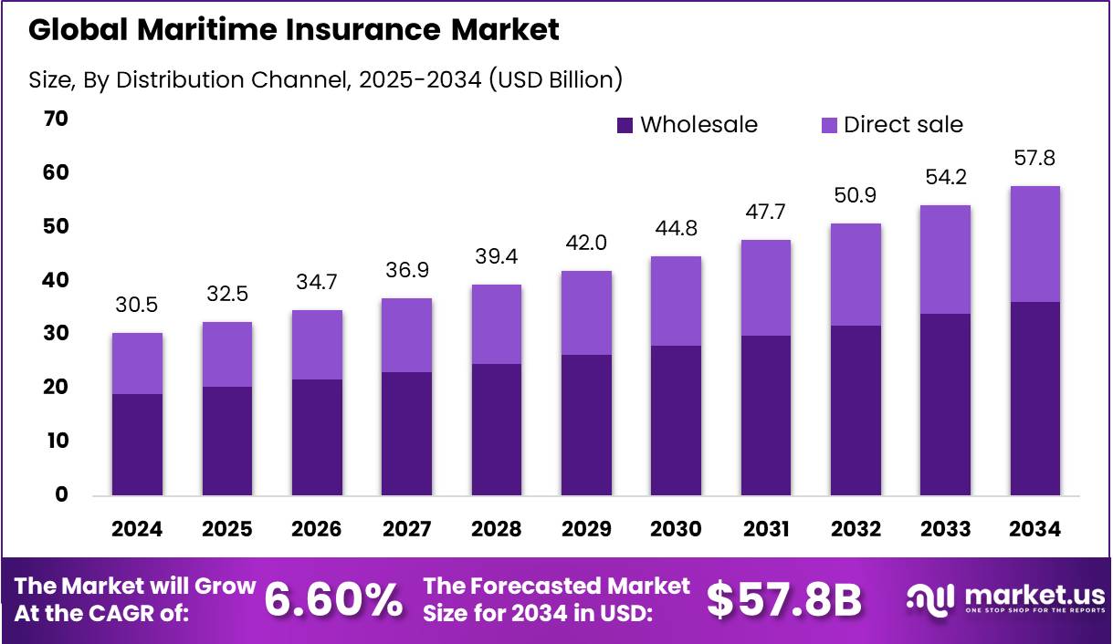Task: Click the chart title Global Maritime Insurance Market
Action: tap(293, 30)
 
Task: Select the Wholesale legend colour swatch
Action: tap(625, 125)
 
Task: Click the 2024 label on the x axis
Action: tap(137, 530)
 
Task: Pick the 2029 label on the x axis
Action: tap(586, 530)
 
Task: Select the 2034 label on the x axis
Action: tap(1034, 530)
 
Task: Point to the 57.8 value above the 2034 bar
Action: tap(1034, 160)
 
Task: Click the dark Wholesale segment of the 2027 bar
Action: tap(406, 433)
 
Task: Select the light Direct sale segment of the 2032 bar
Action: tap(856, 275)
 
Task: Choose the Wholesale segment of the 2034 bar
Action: tap(1034, 399)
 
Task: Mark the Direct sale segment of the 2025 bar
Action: tap(227, 354)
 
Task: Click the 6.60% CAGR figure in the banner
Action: tap(333, 599)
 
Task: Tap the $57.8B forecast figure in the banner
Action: tap(784, 599)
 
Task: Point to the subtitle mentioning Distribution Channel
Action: tap(325, 79)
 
